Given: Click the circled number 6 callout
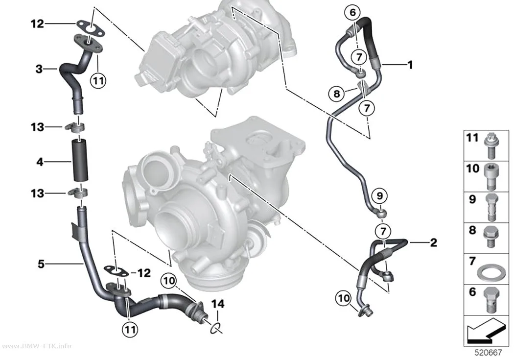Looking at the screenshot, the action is [x=352, y=12].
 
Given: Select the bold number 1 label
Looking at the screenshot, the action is [x=410, y=65].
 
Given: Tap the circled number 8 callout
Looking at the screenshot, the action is [x=337, y=94].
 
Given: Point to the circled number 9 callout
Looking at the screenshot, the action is [x=379, y=196].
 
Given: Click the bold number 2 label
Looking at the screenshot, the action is [x=433, y=242].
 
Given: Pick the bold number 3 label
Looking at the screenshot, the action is [x=39, y=69].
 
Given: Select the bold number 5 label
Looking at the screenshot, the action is [x=41, y=264].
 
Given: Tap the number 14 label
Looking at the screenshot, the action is [x=218, y=304].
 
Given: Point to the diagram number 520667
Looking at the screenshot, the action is [x=488, y=353].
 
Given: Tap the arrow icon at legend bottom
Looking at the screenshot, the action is [x=485, y=331].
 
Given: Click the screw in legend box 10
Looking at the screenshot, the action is [x=491, y=176].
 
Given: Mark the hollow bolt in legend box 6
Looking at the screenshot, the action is [x=491, y=299].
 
